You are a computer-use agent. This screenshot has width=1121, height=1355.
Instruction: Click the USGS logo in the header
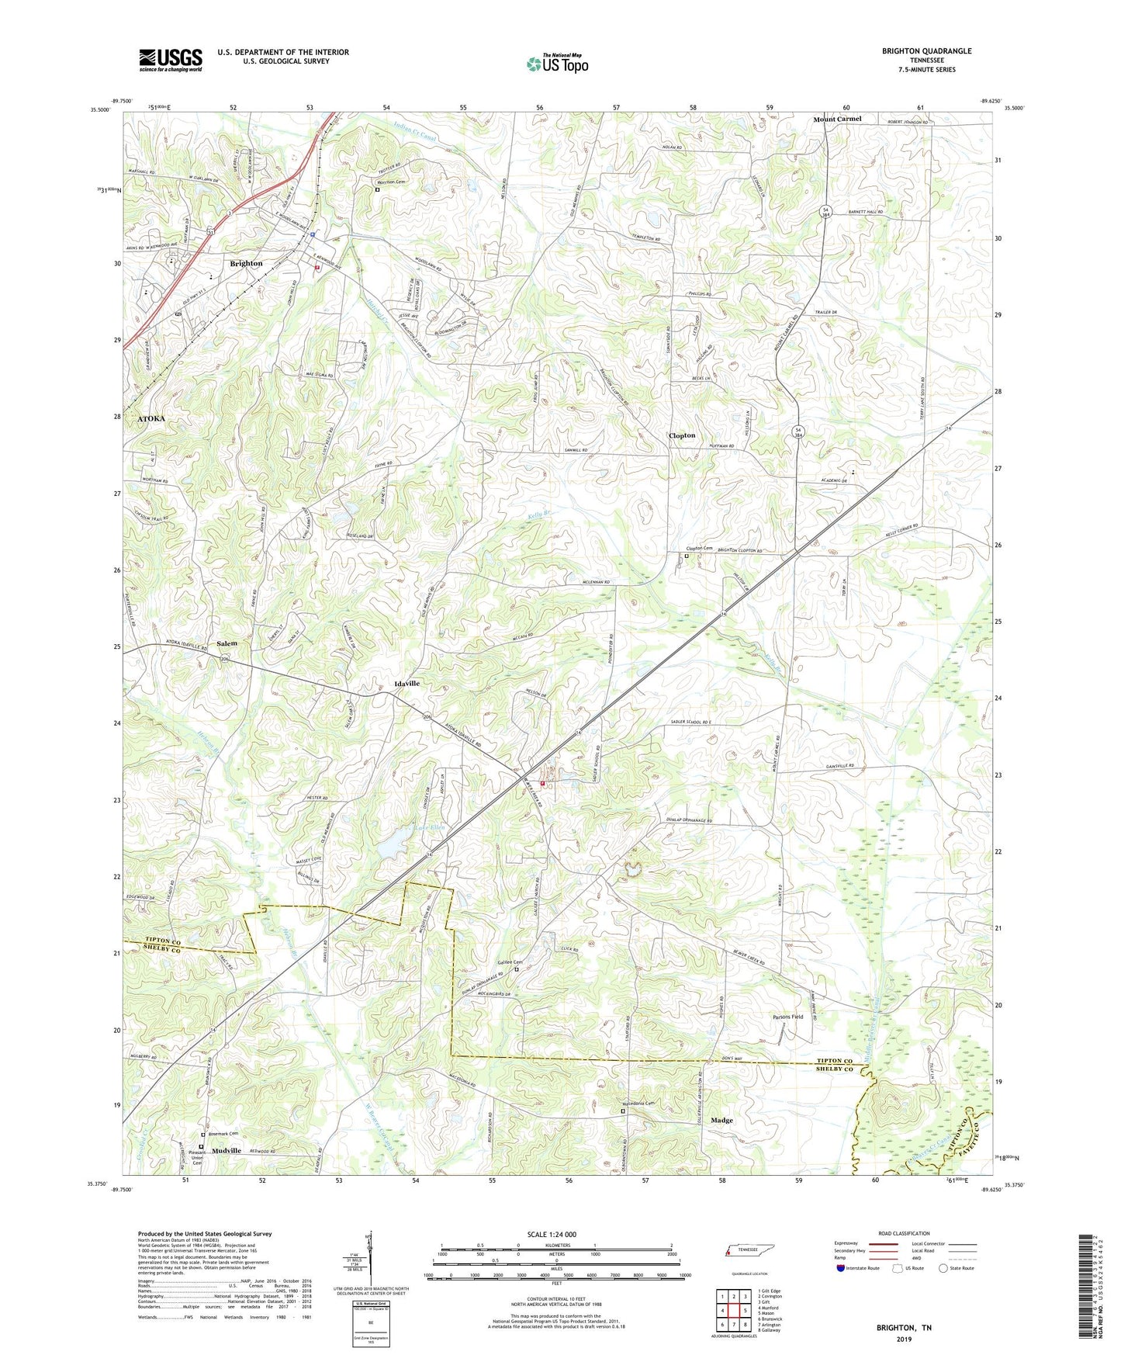coord(170,60)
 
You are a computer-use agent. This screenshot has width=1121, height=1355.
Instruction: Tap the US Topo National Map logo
coord(557,64)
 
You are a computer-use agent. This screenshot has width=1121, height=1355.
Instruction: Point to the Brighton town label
coord(246,264)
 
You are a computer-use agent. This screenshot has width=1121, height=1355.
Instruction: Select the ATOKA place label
coord(151,418)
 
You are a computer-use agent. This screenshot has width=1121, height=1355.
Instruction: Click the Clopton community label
coord(682,436)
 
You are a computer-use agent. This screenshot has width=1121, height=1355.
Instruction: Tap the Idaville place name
coord(403,684)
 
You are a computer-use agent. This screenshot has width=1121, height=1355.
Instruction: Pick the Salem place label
coord(227,643)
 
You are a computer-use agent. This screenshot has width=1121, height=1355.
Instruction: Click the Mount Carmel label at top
coord(837,119)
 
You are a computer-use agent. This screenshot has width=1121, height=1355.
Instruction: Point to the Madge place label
coord(721,1121)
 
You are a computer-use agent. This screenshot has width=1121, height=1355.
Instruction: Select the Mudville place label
coord(227,1150)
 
